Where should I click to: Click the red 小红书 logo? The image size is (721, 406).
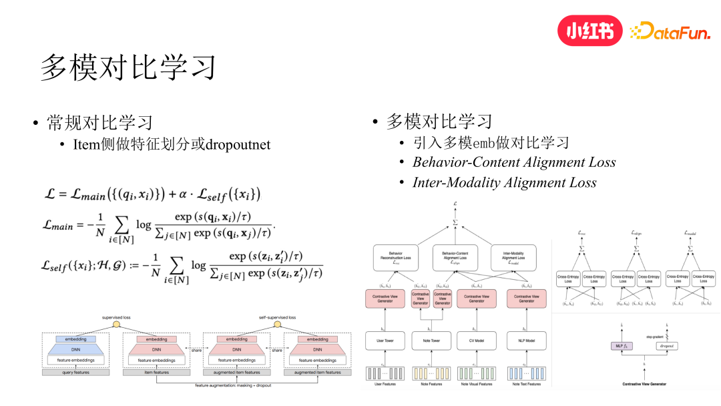click(x=589, y=30)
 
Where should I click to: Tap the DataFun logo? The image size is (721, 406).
click(x=670, y=31)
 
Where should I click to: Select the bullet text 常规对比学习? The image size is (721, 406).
click(x=99, y=122)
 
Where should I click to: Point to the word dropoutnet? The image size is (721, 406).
click(x=238, y=144)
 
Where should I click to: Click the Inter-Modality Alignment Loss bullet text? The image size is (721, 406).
click(x=504, y=182)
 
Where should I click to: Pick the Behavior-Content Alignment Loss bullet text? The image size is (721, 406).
click(x=514, y=162)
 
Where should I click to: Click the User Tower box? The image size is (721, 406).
click(x=385, y=341)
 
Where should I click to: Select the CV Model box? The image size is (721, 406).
click(x=477, y=341)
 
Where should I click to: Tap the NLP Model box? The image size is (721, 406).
click(x=526, y=341)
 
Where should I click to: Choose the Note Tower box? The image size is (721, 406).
click(x=431, y=341)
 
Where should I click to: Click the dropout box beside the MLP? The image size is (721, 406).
click(x=667, y=347)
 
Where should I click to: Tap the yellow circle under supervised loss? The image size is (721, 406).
click(x=116, y=325)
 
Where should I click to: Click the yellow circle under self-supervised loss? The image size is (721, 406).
click(x=277, y=325)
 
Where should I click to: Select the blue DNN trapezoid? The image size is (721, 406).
click(x=75, y=349)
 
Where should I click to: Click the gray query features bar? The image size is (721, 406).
click(x=75, y=373)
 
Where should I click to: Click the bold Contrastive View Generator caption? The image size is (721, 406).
click(x=644, y=384)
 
